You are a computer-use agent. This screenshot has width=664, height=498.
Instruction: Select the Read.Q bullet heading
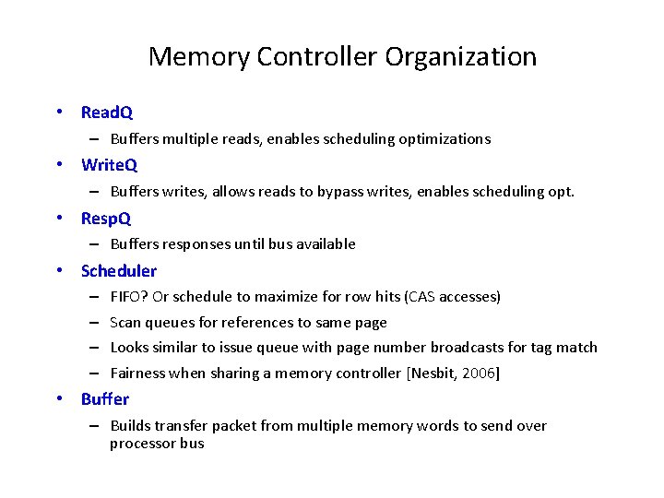click(x=107, y=113)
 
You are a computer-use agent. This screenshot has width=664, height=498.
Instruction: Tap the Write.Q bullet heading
click(x=109, y=165)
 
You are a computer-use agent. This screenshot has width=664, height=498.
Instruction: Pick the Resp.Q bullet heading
click(x=106, y=219)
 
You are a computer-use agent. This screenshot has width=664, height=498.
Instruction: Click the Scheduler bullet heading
click(x=119, y=271)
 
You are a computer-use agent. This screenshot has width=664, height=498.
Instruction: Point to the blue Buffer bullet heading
click(x=105, y=399)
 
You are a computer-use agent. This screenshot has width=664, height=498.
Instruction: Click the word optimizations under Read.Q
click(x=445, y=139)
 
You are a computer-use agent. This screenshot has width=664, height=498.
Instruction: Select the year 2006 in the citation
click(x=478, y=373)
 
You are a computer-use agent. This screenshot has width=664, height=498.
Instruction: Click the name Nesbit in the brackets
click(x=436, y=373)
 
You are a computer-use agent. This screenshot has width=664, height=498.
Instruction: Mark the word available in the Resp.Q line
click(x=326, y=244)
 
